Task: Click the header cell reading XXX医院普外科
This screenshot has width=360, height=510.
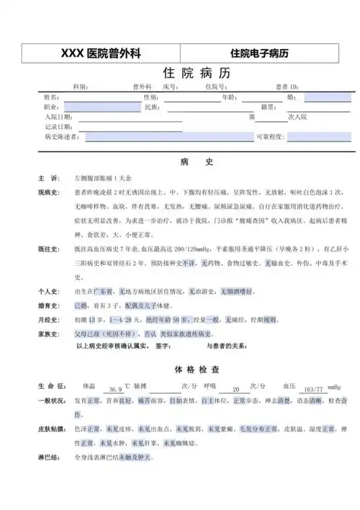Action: [x=99, y=53]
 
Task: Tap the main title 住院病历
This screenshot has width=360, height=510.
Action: [x=186, y=73]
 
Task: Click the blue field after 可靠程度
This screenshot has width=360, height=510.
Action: [x=318, y=137]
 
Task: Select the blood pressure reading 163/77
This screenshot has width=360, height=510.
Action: [x=312, y=388]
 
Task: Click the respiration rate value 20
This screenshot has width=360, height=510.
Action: [x=235, y=388]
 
